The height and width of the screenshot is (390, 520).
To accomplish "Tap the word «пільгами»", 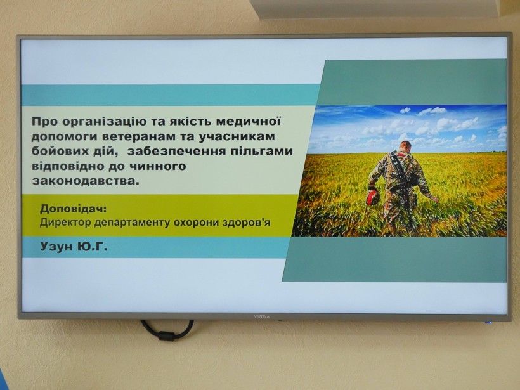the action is pyautogui.click(x=261, y=151).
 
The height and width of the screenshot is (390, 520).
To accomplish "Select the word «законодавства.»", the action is pyautogui.click(x=84, y=181).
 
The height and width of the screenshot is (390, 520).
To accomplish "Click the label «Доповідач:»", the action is pyautogui.click(x=74, y=209).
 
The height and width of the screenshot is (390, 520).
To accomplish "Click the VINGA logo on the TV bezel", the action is pyautogui.click(x=262, y=316).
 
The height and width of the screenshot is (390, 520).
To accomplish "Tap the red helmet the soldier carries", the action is pyautogui.click(x=372, y=197).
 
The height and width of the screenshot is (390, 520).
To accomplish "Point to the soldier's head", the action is pyautogui.click(x=405, y=146).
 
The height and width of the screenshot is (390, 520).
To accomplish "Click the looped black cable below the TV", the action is pyautogui.click(x=167, y=330).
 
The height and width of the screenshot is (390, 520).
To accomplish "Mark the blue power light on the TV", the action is pyautogui.click(x=488, y=322).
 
